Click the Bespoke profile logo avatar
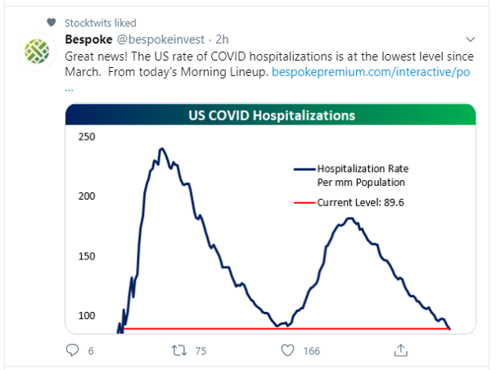tap(36, 51)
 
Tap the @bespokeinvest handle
tap(152, 39)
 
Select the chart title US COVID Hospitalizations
tap(271, 115)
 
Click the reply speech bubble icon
tap(72, 350)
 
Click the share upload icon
tap(401, 350)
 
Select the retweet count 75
tap(201, 351)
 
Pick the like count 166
tap(311, 351)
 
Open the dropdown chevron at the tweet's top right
tap(470, 39)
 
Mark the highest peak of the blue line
tap(161, 149)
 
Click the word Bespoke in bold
tap(90, 39)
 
